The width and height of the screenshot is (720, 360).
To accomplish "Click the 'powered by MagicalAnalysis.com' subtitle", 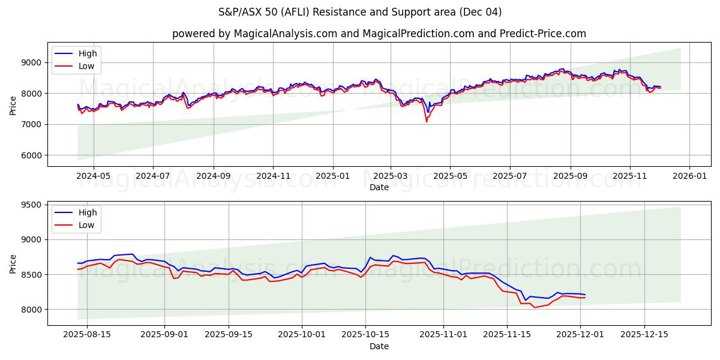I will (379, 34).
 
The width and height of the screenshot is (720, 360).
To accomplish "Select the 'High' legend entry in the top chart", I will (88, 53).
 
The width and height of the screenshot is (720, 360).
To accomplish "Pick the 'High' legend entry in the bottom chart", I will (88, 212).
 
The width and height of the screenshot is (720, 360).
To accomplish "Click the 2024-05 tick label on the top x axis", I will (94, 176).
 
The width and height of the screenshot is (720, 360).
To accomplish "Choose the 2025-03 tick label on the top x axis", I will (391, 176).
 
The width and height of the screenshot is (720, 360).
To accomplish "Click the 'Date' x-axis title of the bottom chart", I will (379, 346).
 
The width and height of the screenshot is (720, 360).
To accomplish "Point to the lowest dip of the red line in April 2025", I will (427, 122).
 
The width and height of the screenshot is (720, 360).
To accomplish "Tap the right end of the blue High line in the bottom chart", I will (585, 295).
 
